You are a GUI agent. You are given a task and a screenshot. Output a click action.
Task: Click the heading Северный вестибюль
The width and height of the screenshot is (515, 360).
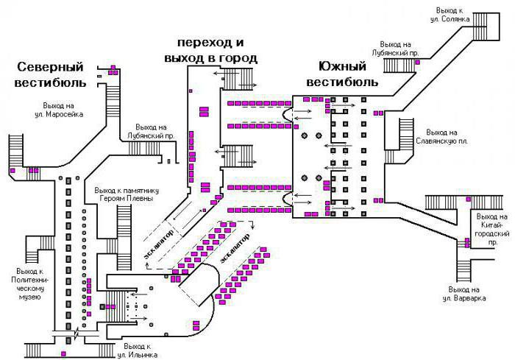coord(50,74)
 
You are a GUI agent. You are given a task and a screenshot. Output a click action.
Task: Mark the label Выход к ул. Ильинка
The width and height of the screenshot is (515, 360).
coord(141,350)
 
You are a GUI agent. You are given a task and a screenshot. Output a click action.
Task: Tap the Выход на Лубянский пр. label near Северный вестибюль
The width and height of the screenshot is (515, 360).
coord(154,131)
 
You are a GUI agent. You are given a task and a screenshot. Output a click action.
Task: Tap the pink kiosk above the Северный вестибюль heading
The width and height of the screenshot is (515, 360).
coord(113,68)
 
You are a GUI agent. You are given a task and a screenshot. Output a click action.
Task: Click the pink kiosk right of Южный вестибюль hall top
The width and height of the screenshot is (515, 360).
coord(380,113)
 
